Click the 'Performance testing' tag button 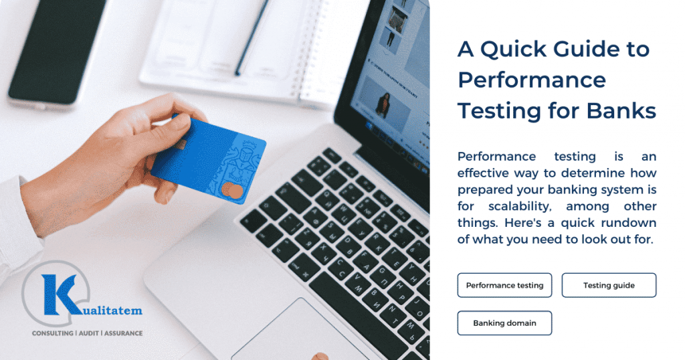[504, 285]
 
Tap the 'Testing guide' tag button [609, 285]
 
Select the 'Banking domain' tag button [504, 323]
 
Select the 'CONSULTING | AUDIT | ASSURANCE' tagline [87, 333]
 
